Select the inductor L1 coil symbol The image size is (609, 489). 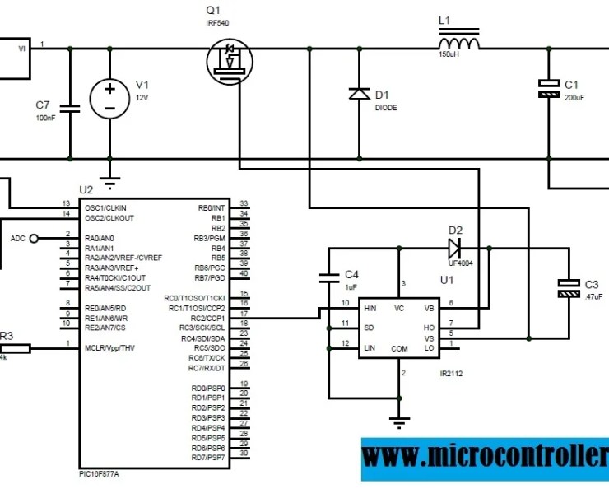click(x=459, y=44)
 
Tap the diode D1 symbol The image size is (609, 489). click(x=359, y=94)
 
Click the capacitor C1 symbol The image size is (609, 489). click(x=547, y=89)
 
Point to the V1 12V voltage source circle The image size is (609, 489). click(x=109, y=98)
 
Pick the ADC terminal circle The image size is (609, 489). click(x=34, y=239)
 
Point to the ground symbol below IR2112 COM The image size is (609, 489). click(x=399, y=423)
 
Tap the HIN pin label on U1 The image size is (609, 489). click(x=370, y=307)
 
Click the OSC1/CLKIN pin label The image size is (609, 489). click(x=105, y=207)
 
